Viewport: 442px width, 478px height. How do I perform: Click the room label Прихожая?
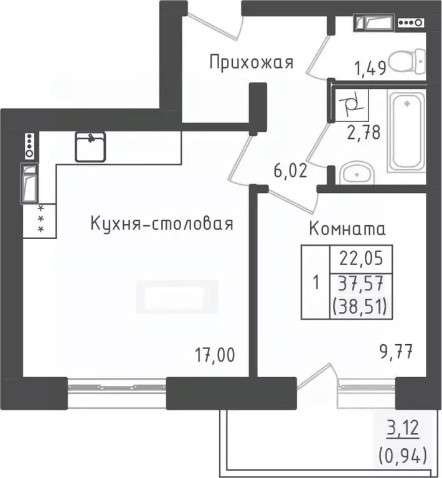pos(251,62)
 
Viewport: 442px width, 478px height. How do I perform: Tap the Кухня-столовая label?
pos(161,223)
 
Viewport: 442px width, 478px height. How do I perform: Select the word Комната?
pos(347,228)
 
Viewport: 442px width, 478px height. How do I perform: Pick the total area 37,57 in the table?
pos(362,285)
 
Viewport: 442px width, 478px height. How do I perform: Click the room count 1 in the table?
pos(316,283)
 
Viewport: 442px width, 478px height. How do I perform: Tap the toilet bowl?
pos(410,60)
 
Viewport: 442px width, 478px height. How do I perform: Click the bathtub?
pos(407,131)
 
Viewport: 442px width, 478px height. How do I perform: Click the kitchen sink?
pos(90,146)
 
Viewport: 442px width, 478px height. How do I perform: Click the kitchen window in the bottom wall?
pos(117,388)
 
